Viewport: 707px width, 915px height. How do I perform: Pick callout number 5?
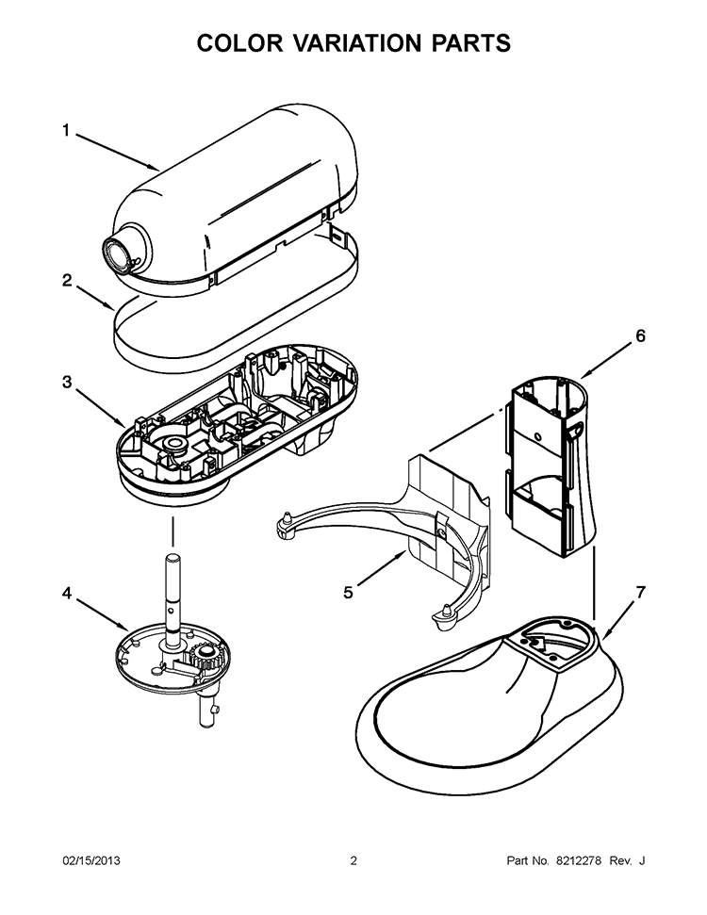(x=348, y=592)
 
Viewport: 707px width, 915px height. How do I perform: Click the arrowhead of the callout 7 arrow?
(x=604, y=636)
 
